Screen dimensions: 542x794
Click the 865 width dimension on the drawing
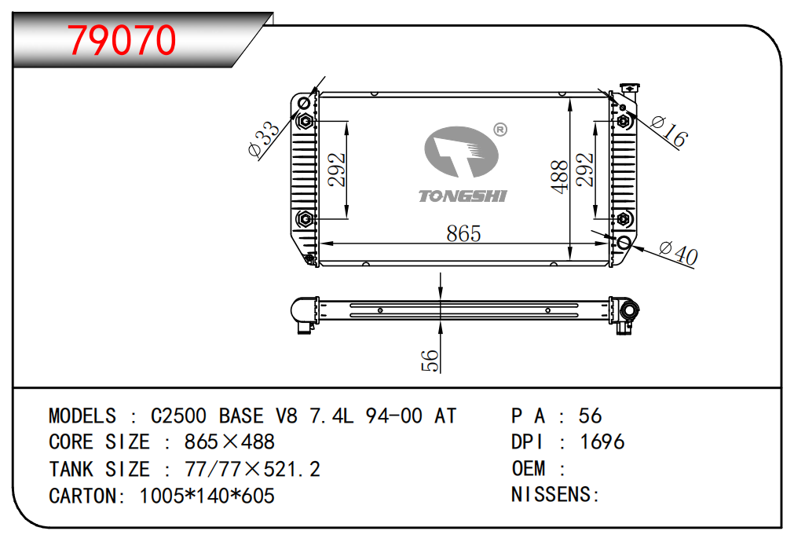tap(463, 233)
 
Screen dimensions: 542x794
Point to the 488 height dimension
tap(559, 177)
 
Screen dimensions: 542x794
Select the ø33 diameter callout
tap(263, 139)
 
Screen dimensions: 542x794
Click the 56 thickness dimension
tap(430, 360)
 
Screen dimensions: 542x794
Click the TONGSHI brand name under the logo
tap(463, 196)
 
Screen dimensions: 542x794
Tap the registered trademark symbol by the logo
tap(499, 129)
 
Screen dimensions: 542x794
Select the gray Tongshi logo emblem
tap(462, 153)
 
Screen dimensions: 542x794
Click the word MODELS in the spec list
tap(82, 416)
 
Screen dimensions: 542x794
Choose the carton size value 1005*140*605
tap(207, 496)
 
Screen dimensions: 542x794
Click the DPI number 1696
tap(602, 442)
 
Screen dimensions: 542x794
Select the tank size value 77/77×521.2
tap(251, 469)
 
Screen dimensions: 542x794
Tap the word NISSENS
tap(552, 495)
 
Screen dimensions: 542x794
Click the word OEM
tap(529, 469)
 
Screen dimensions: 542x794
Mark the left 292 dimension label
tap(337, 169)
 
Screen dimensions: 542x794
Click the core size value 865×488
tap(229, 442)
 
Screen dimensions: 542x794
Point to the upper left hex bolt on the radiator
tap(305, 122)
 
